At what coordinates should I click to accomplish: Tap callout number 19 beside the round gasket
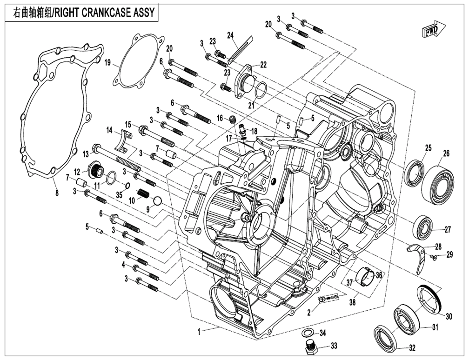107,62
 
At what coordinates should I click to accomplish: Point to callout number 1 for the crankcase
200,332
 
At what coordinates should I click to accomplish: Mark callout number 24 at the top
230,35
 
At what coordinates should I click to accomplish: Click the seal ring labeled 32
387,336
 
